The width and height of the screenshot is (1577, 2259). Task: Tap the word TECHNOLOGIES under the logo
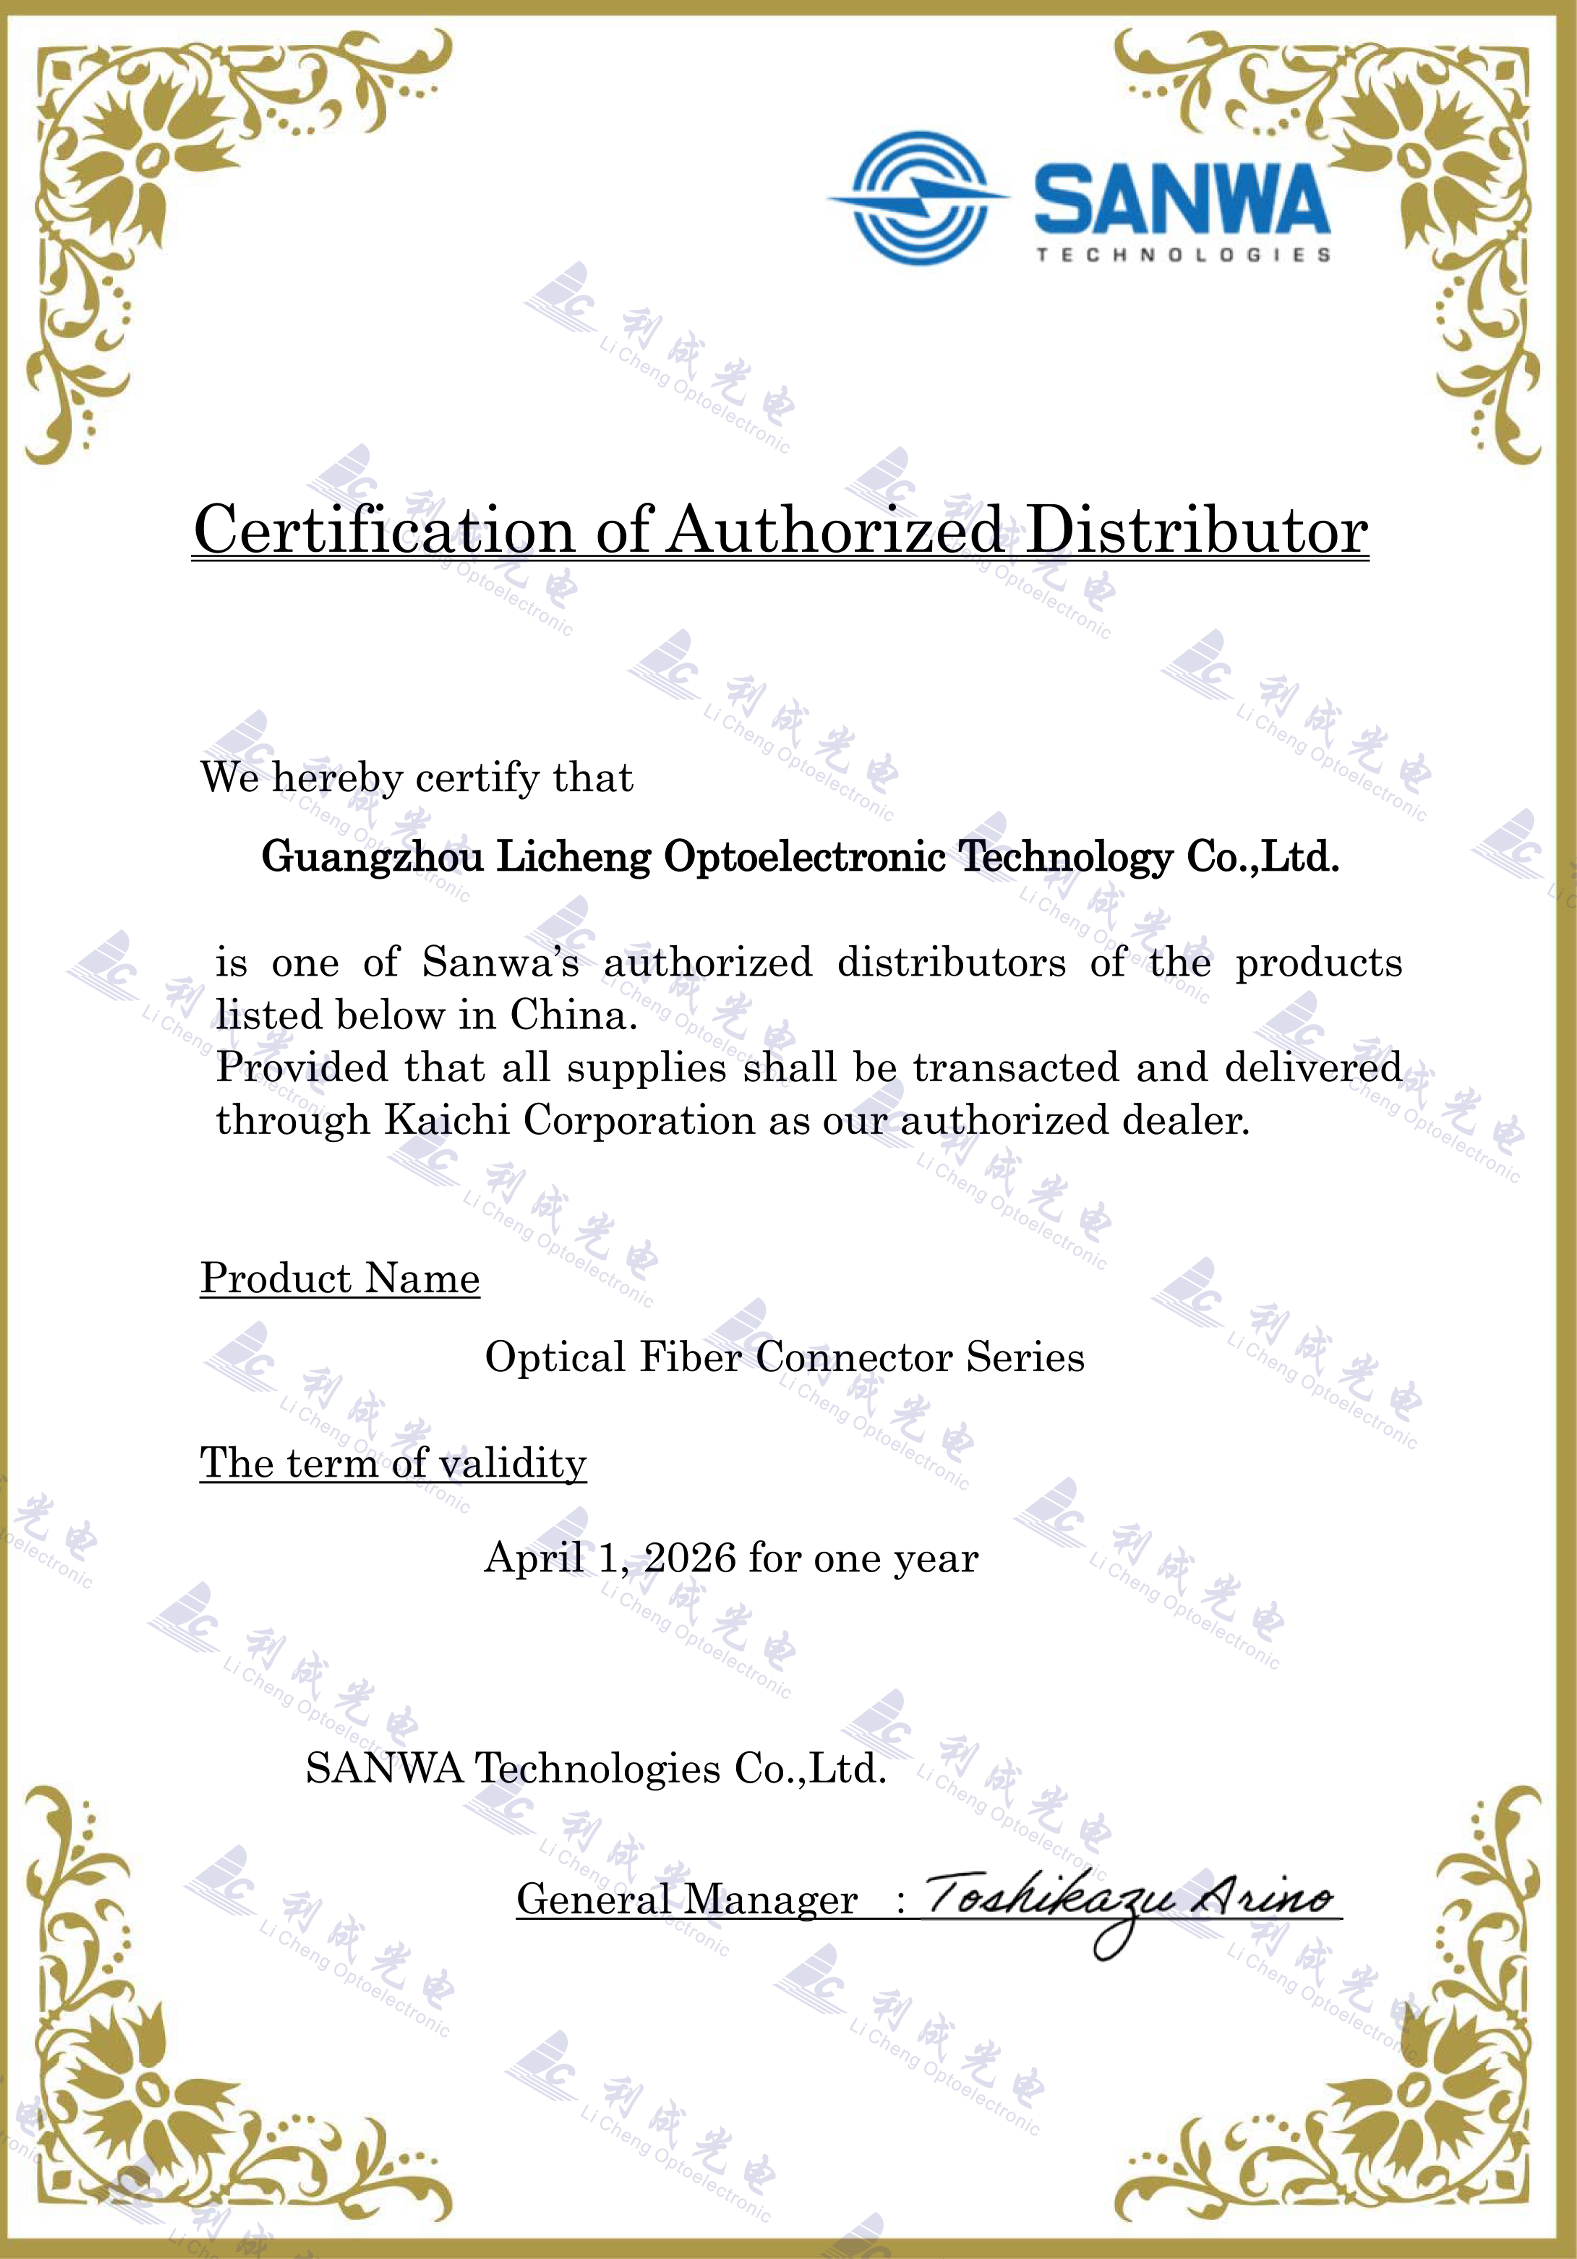coord(1182,255)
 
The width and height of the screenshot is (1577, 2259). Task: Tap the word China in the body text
coord(572,1015)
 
